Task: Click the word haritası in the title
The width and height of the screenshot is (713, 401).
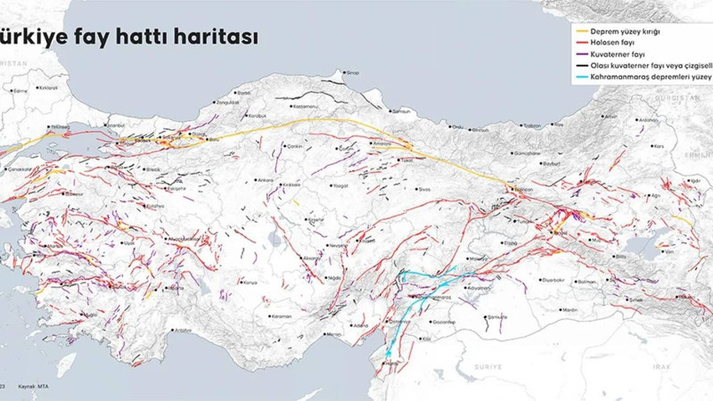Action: pos(215,37)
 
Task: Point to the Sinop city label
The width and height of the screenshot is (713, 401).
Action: pos(352,73)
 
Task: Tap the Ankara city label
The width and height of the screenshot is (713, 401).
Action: pos(266,180)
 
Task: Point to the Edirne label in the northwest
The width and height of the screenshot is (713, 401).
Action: pos(20,91)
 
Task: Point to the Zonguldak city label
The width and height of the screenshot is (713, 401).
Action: pos(227,102)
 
